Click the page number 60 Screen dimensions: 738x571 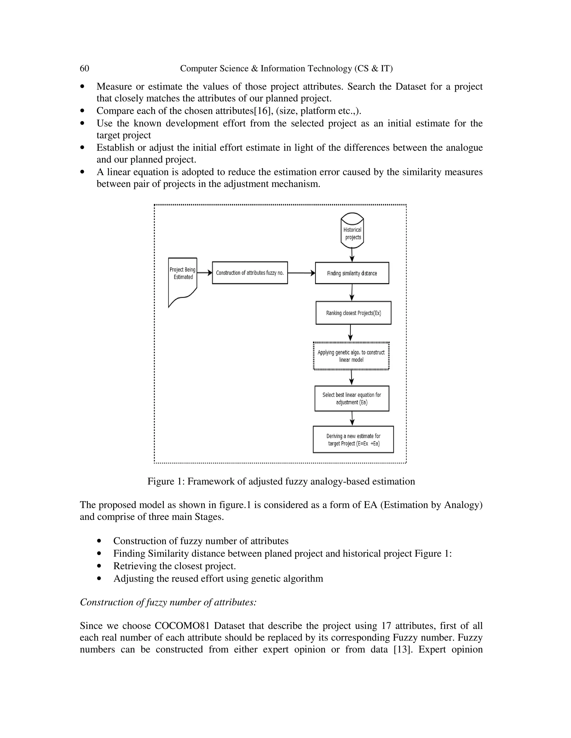tap(84, 69)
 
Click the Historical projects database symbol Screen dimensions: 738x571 tap(352, 231)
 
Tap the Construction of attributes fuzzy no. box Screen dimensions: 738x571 tap(250, 273)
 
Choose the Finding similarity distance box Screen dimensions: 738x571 tap(352, 273)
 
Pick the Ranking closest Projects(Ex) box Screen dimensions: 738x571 tap(353, 313)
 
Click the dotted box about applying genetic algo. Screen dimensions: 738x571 tap(351, 356)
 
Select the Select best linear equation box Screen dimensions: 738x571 tap(352, 399)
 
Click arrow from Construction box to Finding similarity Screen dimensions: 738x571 tap(301, 273)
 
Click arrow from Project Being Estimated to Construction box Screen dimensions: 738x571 tap(204, 273)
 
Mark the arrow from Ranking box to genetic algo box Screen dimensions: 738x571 tap(350, 333)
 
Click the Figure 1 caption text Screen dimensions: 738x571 tap(281, 481)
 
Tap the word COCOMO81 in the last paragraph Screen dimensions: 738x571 tap(182, 626)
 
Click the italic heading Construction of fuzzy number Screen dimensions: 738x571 tap(168, 602)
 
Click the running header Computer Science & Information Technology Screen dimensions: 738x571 tap(286, 69)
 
